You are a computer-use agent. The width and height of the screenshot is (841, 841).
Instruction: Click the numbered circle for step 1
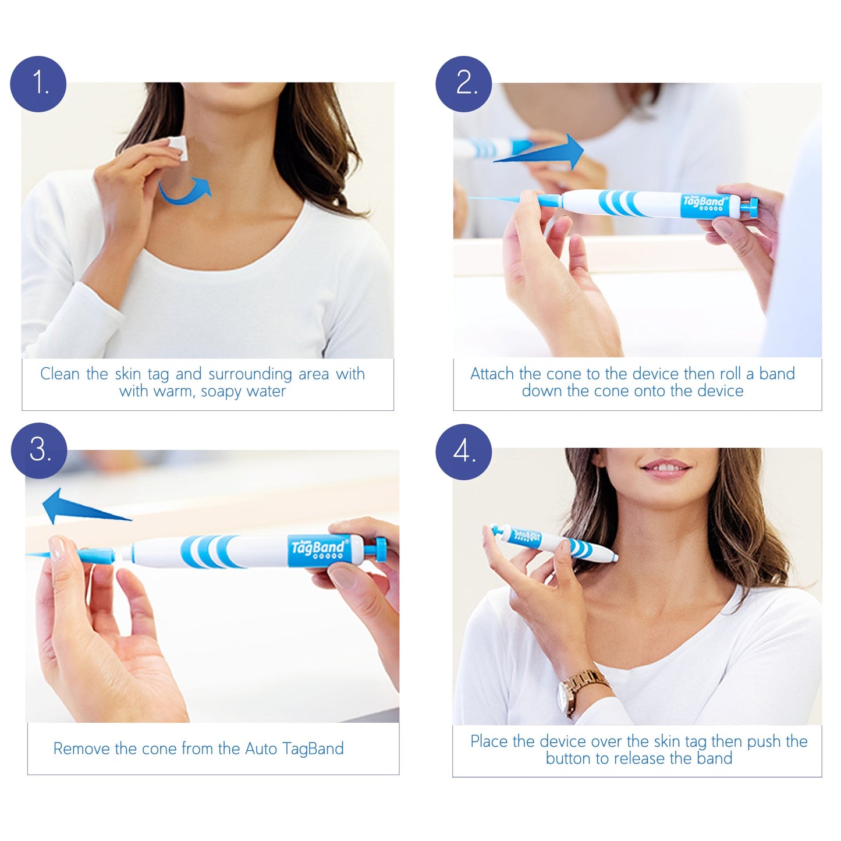tap(38, 84)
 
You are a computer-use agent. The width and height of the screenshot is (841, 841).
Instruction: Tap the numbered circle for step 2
tap(464, 84)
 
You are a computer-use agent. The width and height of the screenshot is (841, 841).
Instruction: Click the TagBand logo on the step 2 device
tap(704, 202)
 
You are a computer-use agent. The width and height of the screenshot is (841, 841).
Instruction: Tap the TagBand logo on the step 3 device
tap(318, 548)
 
